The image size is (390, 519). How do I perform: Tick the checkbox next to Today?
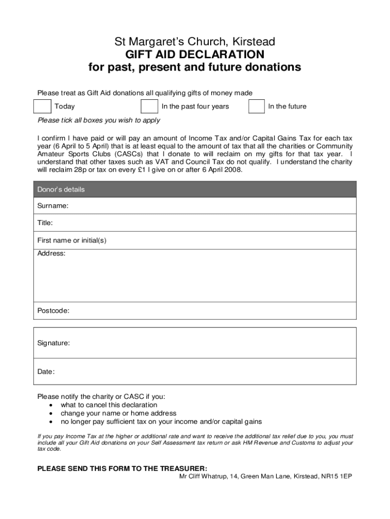pyautogui.click(x=42, y=106)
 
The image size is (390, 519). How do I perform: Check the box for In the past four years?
pyautogui.click(x=149, y=106)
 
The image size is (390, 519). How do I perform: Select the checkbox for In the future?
pyautogui.click(x=256, y=106)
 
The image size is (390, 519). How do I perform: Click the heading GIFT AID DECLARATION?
pyautogui.click(x=194, y=54)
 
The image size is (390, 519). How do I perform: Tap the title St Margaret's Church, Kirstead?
pyautogui.click(x=194, y=41)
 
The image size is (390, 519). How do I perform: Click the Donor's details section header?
pyautogui.click(x=61, y=190)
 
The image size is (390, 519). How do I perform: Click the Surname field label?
pyautogui.click(x=53, y=206)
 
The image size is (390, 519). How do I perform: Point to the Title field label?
pyautogui.click(x=45, y=223)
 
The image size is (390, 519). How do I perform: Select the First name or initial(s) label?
pyautogui.click(x=72, y=240)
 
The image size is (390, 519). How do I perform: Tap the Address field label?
pyautogui.click(x=51, y=253)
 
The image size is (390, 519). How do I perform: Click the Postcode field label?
pyautogui.click(x=53, y=310)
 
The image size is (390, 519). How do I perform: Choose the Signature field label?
pyautogui.click(x=54, y=343)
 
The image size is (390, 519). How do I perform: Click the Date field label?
pyautogui.click(x=46, y=372)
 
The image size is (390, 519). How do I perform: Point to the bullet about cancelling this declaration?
pyautogui.click(x=109, y=405)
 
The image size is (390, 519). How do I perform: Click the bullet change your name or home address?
pyautogui.click(x=119, y=413)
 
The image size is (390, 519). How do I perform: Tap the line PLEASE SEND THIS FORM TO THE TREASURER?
pyautogui.click(x=122, y=468)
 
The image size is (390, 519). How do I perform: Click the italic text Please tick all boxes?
pyautogui.click(x=99, y=120)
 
